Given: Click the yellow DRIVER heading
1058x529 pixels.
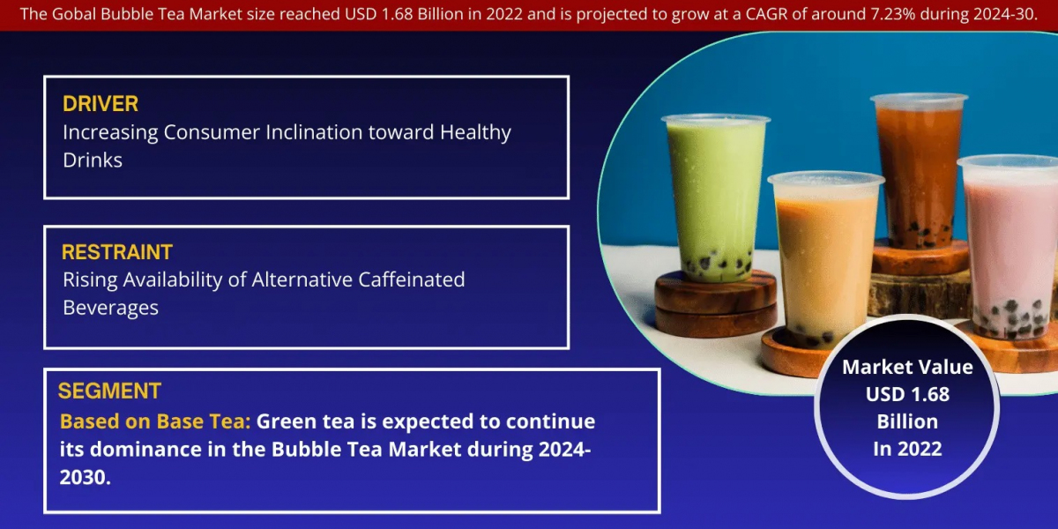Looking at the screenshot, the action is pos(101,104).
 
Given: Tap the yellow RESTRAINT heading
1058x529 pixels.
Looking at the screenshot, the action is pos(116,252).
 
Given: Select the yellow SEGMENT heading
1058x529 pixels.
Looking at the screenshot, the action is pos(109,391).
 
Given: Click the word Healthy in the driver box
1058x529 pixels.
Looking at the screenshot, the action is pos(475,133).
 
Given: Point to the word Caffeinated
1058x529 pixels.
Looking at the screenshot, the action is pos(412,279).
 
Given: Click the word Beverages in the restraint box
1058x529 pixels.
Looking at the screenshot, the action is pos(110,309).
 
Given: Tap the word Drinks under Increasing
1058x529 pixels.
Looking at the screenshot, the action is pos(93,160).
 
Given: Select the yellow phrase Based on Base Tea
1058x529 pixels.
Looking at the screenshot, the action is pos(155,421).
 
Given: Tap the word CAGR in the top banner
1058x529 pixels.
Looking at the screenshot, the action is pos(766,14).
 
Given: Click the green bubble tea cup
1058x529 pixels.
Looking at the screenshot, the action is pos(716,198).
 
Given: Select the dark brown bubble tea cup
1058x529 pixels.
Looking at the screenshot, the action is pos(918,170).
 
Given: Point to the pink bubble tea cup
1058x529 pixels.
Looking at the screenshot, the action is pos(1009,246).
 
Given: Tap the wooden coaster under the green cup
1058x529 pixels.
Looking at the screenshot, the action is pos(715,302).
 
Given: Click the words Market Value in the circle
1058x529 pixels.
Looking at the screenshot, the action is pos(907,367).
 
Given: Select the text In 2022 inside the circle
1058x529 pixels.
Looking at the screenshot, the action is pos(907,449).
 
